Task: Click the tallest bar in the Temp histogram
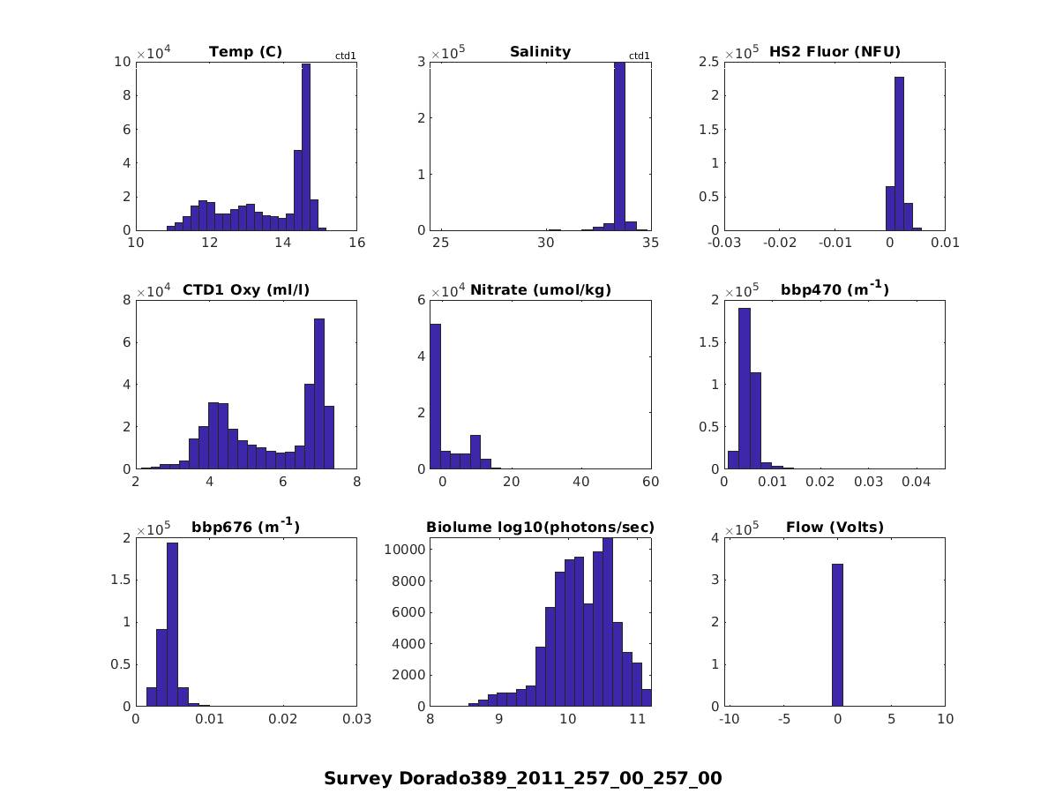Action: (x=305, y=146)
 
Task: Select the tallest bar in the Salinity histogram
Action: (x=619, y=146)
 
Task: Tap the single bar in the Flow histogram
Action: (x=837, y=635)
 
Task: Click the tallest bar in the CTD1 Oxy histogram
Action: (x=319, y=393)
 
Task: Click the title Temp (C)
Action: (x=245, y=51)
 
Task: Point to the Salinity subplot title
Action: (x=540, y=51)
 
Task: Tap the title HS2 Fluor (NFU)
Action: (x=835, y=51)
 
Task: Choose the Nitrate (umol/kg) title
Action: (x=541, y=289)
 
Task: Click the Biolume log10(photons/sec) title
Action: (x=540, y=528)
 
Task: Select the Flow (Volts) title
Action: (x=835, y=528)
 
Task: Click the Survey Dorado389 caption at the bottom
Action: (x=522, y=778)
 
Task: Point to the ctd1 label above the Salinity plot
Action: (x=639, y=56)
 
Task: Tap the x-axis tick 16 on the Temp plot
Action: (x=356, y=243)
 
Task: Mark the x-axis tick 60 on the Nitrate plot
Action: (x=650, y=482)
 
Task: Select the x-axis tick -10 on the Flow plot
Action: (x=729, y=720)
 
